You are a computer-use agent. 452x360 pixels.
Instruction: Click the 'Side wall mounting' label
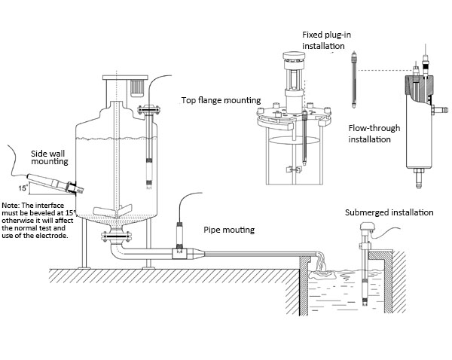pos(49,157)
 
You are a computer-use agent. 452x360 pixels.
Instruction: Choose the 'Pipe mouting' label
pos(229,229)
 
